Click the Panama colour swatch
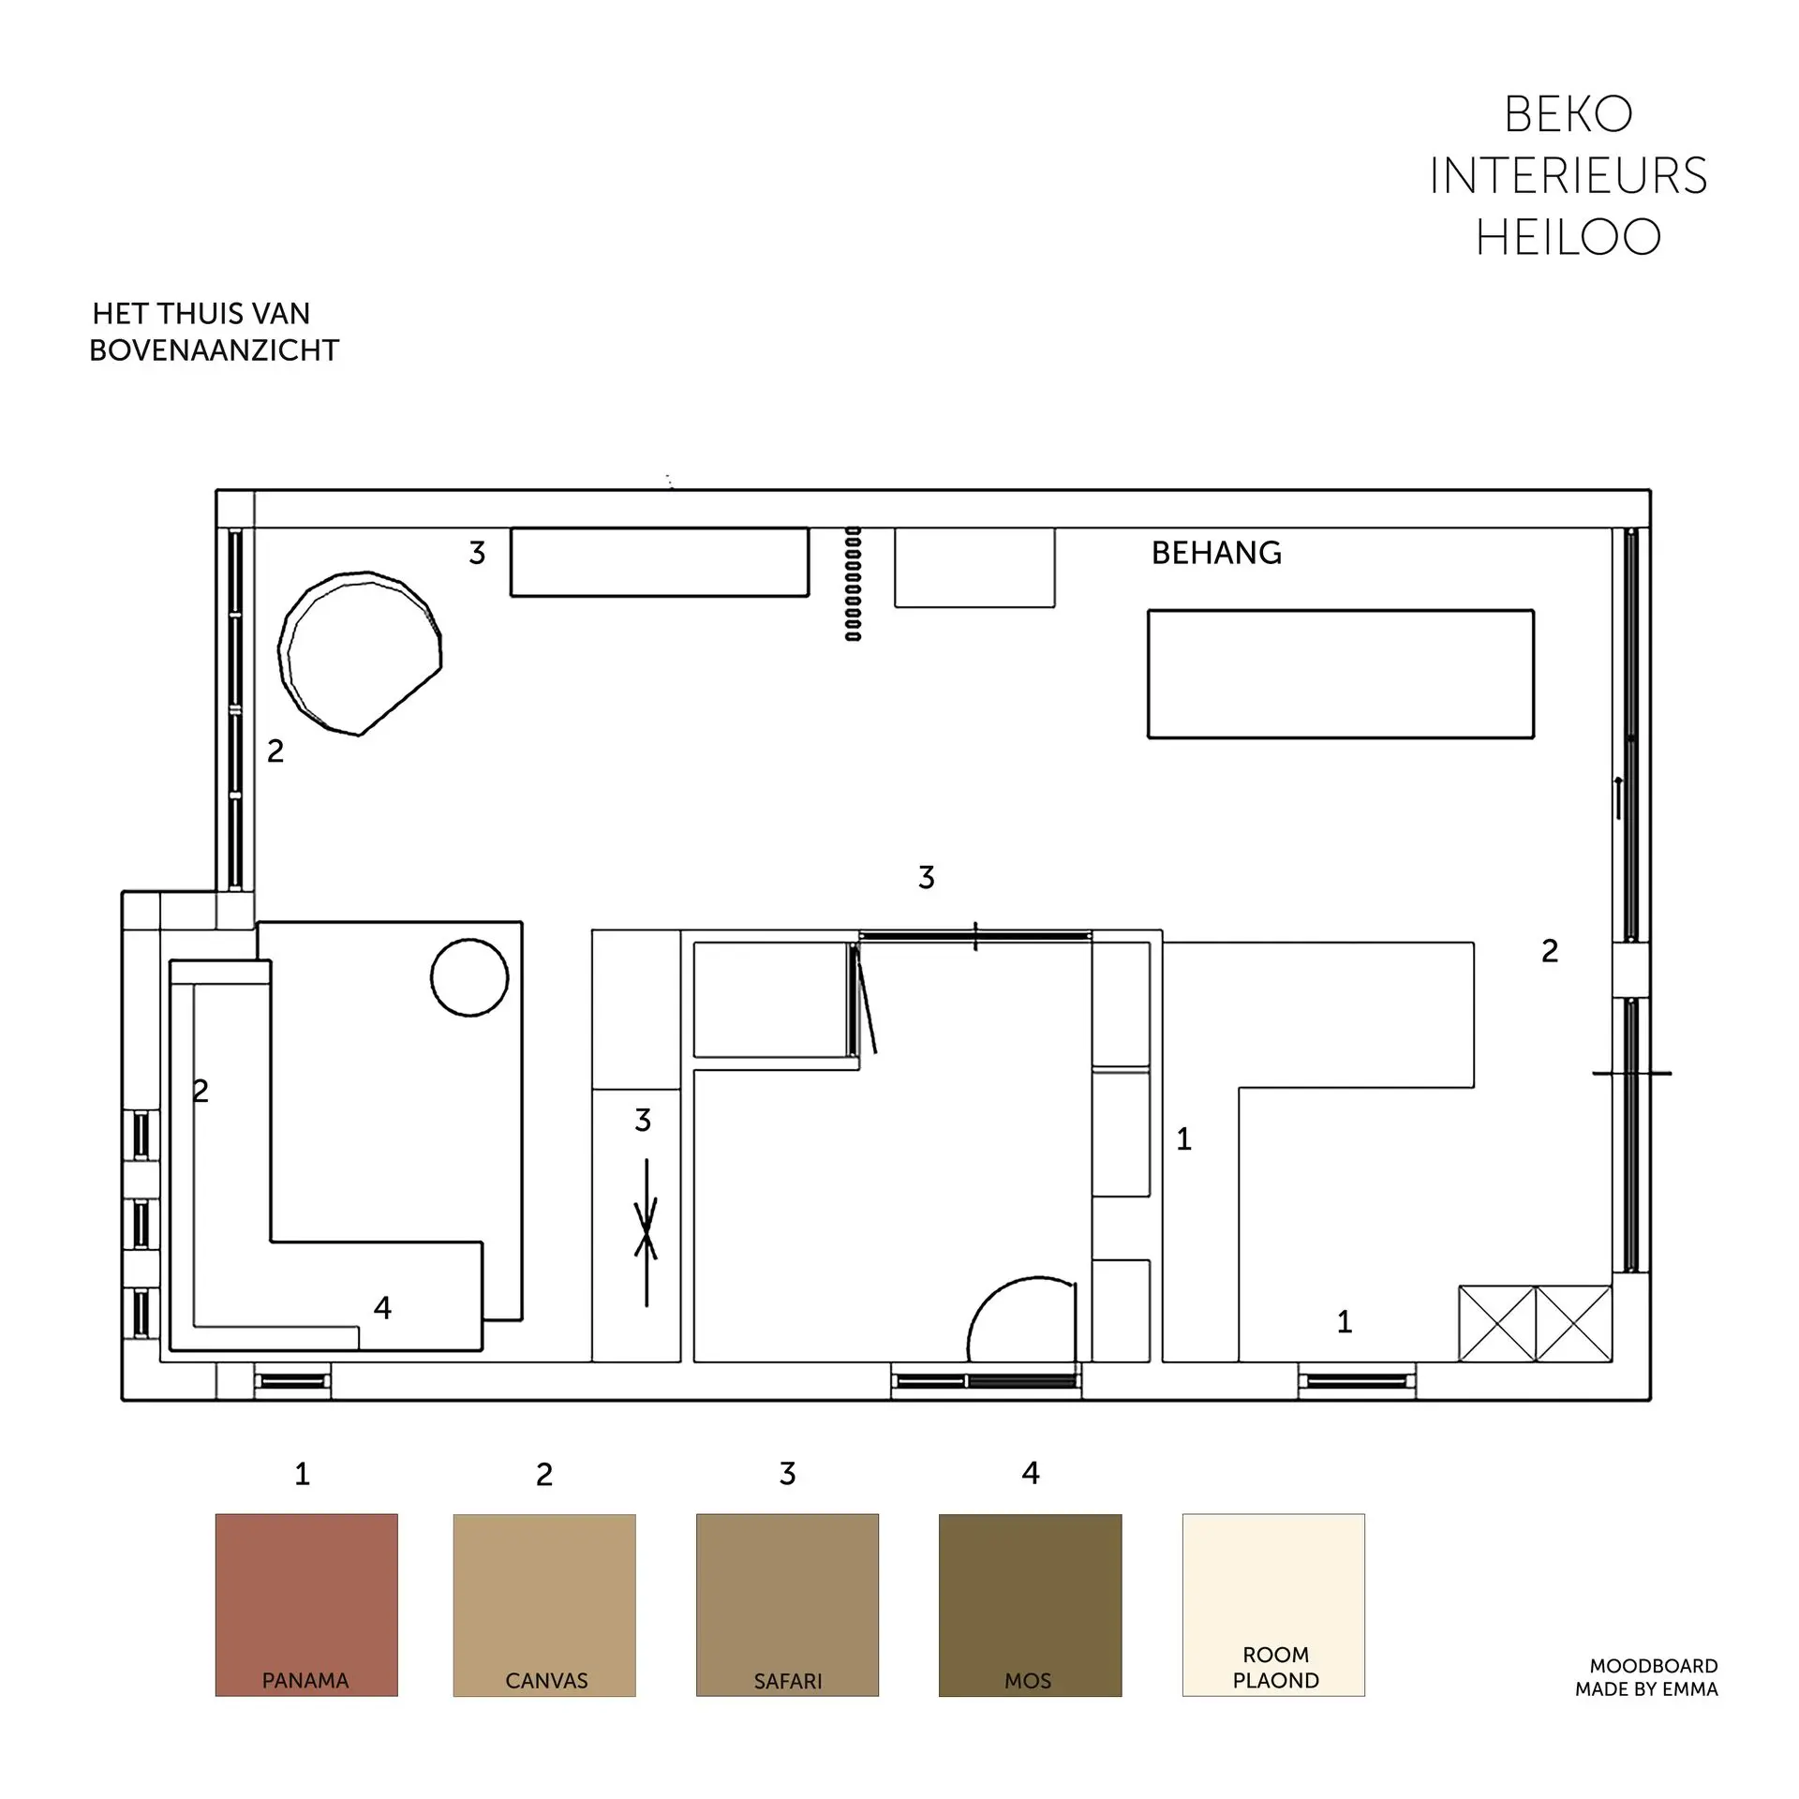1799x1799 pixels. click(x=306, y=1605)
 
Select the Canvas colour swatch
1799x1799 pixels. click(x=544, y=1605)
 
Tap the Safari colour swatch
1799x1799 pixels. click(x=787, y=1605)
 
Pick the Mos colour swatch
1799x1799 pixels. click(x=1030, y=1605)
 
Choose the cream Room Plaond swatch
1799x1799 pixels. click(x=1273, y=1605)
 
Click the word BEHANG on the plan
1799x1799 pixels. click(x=1216, y=553)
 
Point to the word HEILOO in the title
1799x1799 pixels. click(x=1569, y=237)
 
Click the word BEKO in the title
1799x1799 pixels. click(x=1569, y=115)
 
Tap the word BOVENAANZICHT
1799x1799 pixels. click(x=214, y=350)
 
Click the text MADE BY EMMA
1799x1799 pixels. click(x=1646, y=1689)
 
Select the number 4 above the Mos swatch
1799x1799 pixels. click(x=1031, y=1473)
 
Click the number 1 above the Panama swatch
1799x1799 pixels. click(x=302, y=1474)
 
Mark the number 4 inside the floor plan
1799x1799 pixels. click(x=382, y=1307)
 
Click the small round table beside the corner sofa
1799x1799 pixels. click(x=469, y=977)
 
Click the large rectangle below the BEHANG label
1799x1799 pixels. click(x=1341, y=674)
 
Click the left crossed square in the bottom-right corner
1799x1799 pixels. click(x=1497, y=1323)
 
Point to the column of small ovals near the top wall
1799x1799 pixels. click(x=853, y=583)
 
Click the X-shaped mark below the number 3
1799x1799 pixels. click(x=647, y=1228)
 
